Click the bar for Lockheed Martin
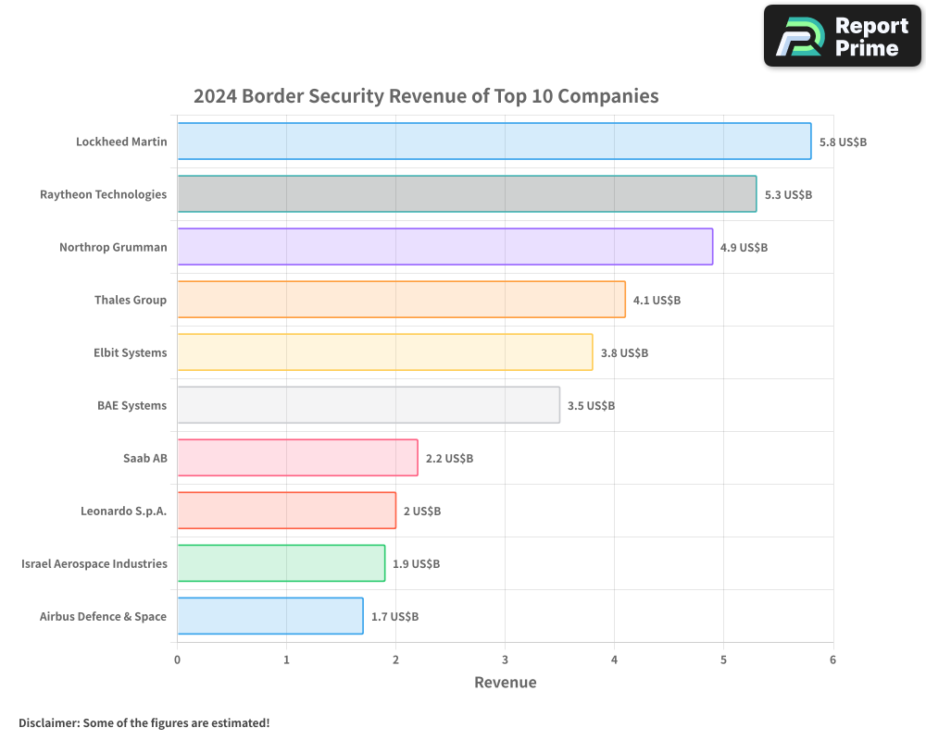point(494,142)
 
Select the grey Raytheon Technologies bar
point(467,194)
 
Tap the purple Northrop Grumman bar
point(444,247)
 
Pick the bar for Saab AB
point(297,458)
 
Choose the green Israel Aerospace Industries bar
point(281,563)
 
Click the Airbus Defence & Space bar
point(269,616)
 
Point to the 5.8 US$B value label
point(843,142)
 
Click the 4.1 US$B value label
point(657,301)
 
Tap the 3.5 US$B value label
point(591,406)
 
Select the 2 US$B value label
point(422,512)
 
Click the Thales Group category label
point(131,300)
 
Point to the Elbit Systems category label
point(131,352)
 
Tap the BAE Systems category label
point(132,405)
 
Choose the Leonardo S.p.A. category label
point(124,511)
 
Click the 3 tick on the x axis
point(505,660)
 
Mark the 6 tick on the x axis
point(832,660)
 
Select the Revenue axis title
point(505,683)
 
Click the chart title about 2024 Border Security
point(426,96)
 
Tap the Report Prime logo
point(842,36)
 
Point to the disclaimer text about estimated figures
point(144,722)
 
